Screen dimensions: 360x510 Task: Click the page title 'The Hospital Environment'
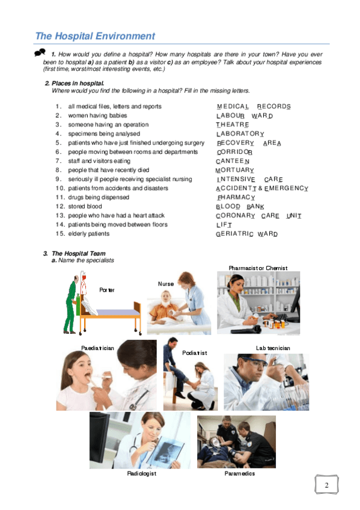coord(95,35)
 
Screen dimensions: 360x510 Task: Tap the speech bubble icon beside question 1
coord(40,52)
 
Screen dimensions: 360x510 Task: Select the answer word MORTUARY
coord(234,170)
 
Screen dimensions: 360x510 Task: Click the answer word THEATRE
coord(233,124)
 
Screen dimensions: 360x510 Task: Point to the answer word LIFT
coord(224,225)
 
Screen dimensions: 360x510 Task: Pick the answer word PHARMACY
coord(236,197)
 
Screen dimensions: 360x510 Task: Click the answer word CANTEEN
coord(233,161)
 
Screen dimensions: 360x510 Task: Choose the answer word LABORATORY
coord(240,134)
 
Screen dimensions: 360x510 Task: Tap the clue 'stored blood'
coord(85,206)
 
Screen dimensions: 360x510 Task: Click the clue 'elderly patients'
coord(89,233)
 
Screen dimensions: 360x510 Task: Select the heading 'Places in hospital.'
coord(78,83)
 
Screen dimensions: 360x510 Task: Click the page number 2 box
coord(326,485)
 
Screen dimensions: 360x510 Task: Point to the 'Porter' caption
coord(106,290)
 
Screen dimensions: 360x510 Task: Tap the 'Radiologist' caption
coord(142,473)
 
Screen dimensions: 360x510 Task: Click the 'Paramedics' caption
coord(239,473)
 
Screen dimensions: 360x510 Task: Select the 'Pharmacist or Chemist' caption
coord(258,268)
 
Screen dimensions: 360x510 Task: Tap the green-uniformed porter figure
coord(72,304)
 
